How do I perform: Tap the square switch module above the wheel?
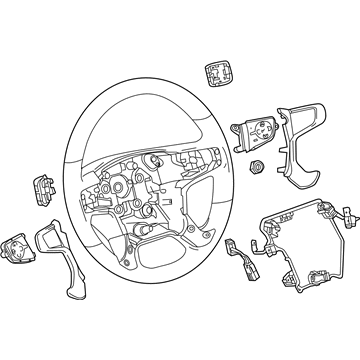pos(218,73)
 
